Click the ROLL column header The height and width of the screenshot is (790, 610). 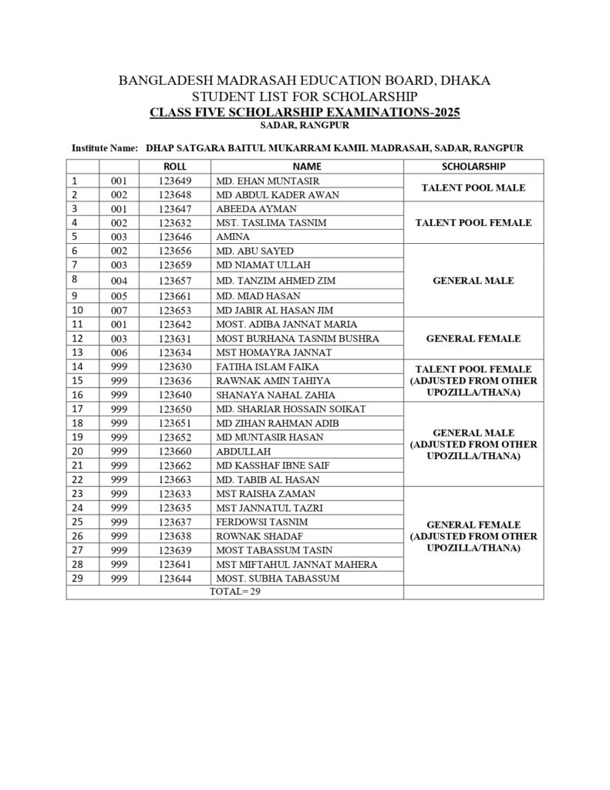point(175,166)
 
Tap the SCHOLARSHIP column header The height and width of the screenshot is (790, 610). point(474,166)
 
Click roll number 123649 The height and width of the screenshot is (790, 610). point(175,181)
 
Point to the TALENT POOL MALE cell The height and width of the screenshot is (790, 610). point(474,187)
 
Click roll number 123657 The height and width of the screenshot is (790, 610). point(175,281)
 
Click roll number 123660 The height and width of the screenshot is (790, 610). point(175,451)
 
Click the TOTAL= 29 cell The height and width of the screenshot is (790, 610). point(235,592)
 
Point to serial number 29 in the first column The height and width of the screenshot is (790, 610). point(76,578)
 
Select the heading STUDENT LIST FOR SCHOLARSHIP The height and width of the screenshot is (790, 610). point(305,96)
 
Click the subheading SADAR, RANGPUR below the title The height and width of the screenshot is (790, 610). point(305,125)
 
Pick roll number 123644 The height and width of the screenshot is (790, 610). point(175,578)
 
